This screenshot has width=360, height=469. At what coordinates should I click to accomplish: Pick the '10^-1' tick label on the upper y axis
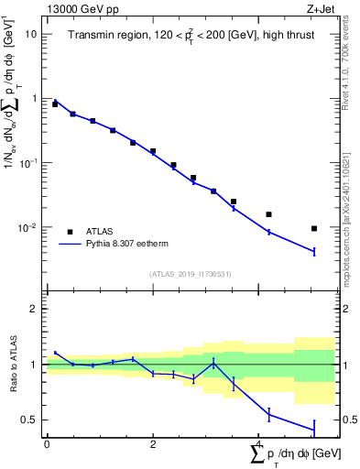click(x=28, y=162)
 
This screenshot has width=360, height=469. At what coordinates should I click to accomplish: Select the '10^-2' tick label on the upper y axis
click(x=28, y=226)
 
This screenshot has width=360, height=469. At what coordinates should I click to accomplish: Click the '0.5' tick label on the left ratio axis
click(x=29, y=420)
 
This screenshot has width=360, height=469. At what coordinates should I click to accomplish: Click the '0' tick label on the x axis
click(x=47, y=444)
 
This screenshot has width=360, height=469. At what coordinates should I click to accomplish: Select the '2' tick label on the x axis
click(x=153, y=444)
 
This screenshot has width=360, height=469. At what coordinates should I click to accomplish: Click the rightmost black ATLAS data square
click(x=314, y=228)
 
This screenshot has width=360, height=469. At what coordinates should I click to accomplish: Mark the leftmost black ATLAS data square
click(x=55, y=104)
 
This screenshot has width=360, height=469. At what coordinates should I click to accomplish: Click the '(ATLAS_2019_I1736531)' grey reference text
click(x=191, y=274)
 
